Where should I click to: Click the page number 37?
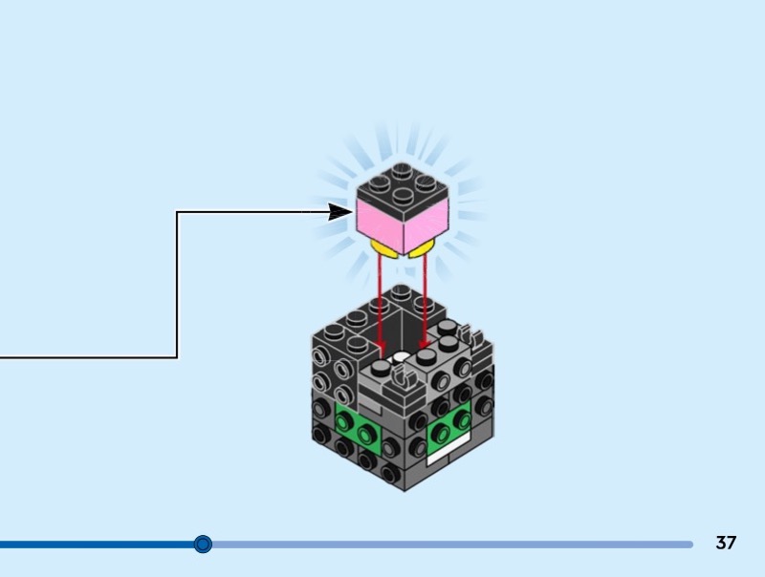726,544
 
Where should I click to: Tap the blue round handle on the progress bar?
203,545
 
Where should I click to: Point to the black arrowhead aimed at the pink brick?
340,212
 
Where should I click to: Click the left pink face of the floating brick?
380,223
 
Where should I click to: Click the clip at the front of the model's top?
406,380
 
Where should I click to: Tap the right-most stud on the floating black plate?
424,183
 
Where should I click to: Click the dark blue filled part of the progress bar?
96,545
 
